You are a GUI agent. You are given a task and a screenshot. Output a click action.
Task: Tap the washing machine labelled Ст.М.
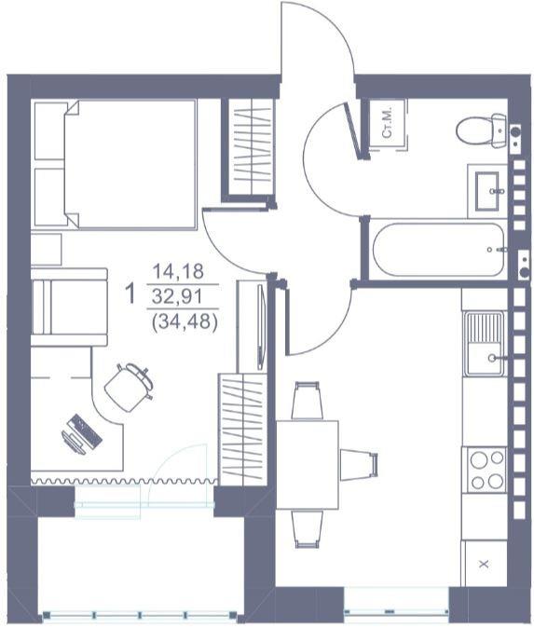click(388, 125)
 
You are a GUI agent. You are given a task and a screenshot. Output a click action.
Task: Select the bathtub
click(438, 249)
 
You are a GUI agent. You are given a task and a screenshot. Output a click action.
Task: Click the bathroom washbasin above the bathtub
click(486, 191)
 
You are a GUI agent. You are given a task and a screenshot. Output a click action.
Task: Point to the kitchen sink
click(484, 344)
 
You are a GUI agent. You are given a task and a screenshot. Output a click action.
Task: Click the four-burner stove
click(484, 470)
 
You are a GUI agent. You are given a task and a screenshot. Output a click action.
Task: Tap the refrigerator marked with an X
click(484, 564)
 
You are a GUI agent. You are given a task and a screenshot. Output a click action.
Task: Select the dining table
click(308, 465)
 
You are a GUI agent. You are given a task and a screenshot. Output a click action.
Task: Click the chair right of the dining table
click(359, 465)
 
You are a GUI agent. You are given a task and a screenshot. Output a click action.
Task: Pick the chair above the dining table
click(307, 401)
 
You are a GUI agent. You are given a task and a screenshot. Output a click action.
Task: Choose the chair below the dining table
click(307, 528)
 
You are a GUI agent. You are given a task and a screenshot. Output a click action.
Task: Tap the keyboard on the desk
click(85, 431)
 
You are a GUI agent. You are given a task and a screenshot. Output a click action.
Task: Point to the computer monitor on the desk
click(74, 443)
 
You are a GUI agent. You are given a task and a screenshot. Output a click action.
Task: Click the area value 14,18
click(178, 271)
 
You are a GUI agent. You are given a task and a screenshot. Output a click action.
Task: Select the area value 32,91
click(178, 297)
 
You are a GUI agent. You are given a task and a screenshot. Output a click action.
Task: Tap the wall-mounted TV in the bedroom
click(261, 327)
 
